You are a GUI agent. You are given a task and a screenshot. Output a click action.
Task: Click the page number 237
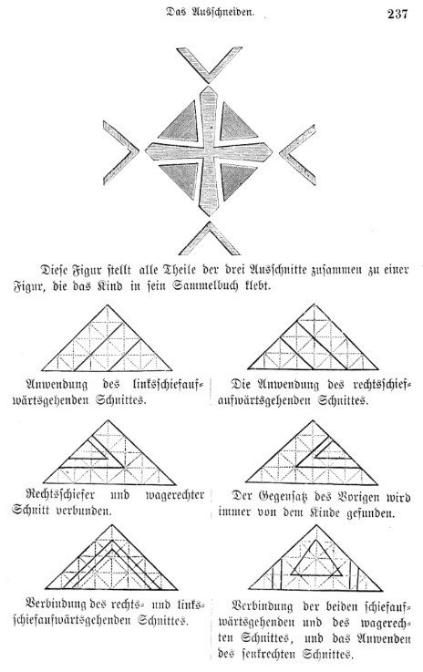(397, 15)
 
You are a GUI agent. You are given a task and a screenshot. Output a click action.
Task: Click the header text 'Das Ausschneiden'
(211, 13)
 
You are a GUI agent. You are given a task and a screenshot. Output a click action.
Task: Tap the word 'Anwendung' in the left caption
(57, 385)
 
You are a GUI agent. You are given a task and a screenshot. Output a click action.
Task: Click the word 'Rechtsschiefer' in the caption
(60, 495)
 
